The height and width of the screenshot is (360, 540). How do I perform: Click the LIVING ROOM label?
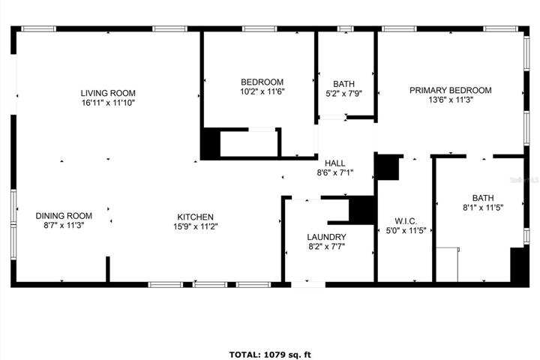(108, 93)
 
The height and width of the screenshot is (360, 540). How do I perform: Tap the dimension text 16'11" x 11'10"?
(108, 103)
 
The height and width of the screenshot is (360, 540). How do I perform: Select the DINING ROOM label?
(64, 216)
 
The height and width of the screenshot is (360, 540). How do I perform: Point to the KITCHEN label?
(195, 217)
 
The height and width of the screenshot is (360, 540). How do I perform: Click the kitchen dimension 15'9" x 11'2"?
(195, 226)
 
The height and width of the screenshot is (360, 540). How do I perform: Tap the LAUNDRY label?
(326, 237)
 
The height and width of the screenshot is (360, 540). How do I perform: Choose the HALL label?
(335, 163)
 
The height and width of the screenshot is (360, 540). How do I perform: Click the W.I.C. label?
(406, 221)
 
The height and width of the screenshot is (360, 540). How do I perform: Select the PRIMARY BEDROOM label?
(451, 90)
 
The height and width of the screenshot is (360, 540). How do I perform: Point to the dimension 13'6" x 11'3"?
(451, 100)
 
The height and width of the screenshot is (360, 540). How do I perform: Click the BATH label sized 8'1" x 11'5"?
(483, 198)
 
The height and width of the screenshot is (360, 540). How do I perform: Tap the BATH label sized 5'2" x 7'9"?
(343, 84)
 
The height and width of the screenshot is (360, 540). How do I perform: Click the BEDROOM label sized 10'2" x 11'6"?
(262, 82)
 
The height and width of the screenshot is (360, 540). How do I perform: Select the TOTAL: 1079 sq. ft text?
(270, 355)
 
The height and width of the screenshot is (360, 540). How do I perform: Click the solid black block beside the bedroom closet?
(211, 143)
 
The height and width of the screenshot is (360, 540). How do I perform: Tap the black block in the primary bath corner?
(519, 265)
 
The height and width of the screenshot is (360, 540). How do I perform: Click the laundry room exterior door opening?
(308, 284)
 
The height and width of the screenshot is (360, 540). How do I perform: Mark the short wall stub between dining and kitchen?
(108, 269)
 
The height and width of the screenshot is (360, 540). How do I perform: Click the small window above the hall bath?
(345, 29)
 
